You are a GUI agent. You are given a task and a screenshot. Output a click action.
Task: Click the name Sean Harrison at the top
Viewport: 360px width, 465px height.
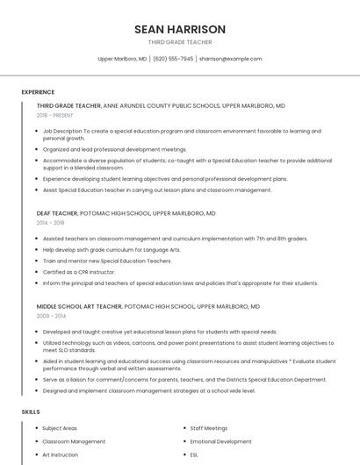[x=180, y=29]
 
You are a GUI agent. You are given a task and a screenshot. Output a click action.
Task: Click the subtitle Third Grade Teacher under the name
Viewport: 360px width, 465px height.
[x=180, y=42]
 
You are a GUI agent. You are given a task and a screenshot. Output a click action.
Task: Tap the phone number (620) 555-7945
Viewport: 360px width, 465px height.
[x=173, y=59]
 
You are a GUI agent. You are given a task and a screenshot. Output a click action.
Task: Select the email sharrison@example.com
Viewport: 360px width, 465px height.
[x=231, y=59]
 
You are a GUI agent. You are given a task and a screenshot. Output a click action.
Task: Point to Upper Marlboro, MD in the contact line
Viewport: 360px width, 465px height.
[x=122, y=59]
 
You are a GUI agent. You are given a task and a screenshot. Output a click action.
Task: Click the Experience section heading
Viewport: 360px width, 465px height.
[x=38, y=92]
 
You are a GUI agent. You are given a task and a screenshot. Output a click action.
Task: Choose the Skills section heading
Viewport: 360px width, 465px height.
[x=31, y=411]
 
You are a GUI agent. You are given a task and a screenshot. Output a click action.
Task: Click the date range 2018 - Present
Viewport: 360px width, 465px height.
[x=55, y=115]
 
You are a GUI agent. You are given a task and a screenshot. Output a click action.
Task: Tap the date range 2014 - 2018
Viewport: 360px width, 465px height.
[x=50, y=223]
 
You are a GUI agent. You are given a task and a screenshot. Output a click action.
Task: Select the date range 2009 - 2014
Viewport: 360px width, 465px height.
[x=51, y=316]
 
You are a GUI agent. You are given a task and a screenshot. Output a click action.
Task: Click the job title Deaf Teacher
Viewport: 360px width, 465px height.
[x=57, y=213]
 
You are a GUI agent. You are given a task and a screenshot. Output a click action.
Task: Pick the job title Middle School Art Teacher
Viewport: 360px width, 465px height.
[x=78, y=306]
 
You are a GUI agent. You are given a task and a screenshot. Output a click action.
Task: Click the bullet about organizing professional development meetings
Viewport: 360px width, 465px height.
[x=114, y=149]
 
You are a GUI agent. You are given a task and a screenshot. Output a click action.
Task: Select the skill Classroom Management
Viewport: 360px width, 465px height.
[x=74, y=441]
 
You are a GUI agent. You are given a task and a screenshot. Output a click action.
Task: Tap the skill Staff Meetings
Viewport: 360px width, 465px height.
[x=209, y=427]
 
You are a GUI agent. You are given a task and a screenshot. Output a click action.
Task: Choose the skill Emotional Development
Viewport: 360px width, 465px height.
[x=220, y=441]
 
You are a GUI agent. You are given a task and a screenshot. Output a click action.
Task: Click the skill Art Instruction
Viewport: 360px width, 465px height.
[x=61, y=455]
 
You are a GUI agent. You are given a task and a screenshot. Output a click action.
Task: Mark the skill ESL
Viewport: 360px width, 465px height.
[x=195, y=455]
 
